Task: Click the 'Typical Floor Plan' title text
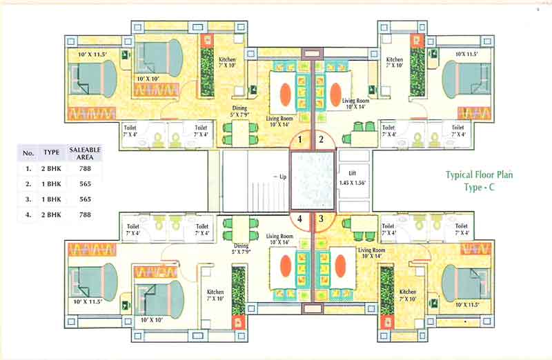[x=479, y=175]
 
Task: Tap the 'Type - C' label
[x=480, y=187]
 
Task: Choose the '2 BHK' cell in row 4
[x=52, y=215]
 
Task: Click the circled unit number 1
[x=300, y=140]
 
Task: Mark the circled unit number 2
[x=321, y=140]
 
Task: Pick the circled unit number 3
[x=321, y=220]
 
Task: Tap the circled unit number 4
[x=300, y=220]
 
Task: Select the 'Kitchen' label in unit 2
[x=395, y=60]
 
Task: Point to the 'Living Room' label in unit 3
[x=371, y=250]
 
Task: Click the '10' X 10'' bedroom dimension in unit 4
[x=151, y=320]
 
